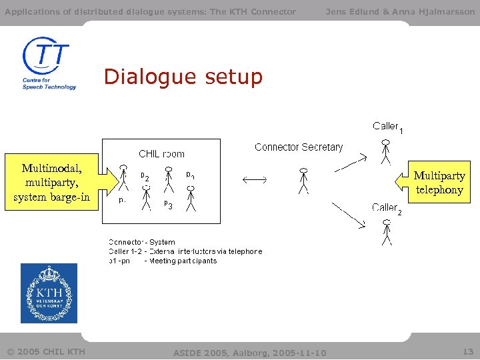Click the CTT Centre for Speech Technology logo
[49, 63]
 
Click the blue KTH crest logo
[49, 293]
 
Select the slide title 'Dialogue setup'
[183, 77]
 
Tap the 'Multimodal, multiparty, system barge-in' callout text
[51, 182]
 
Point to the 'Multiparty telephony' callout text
[439, 183]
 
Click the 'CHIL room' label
[161, 153]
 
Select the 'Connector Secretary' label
[299, 147]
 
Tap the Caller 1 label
[387, 127]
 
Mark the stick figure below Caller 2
[386, 231]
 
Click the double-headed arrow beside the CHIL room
[254, 179]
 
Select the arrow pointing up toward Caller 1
[351, 162]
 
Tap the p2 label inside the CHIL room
[144, 177]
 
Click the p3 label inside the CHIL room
[168, 204]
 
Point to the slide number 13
[467, 351]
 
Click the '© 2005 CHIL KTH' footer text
[46, 351]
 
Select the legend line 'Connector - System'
[142, 243]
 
